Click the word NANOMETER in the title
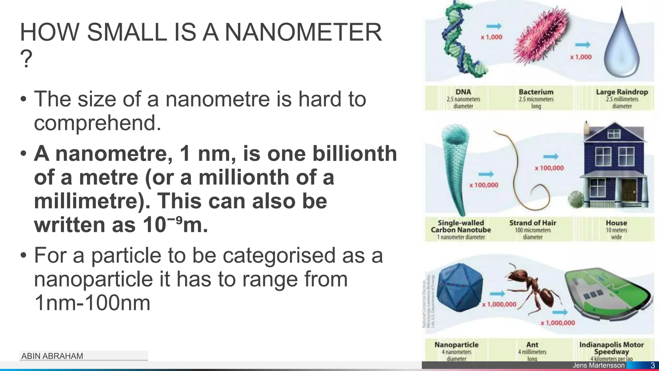303,32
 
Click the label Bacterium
536,92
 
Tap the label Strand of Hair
533,223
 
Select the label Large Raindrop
622,92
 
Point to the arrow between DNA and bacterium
494,26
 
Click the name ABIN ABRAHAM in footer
52,356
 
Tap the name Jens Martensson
599,366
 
